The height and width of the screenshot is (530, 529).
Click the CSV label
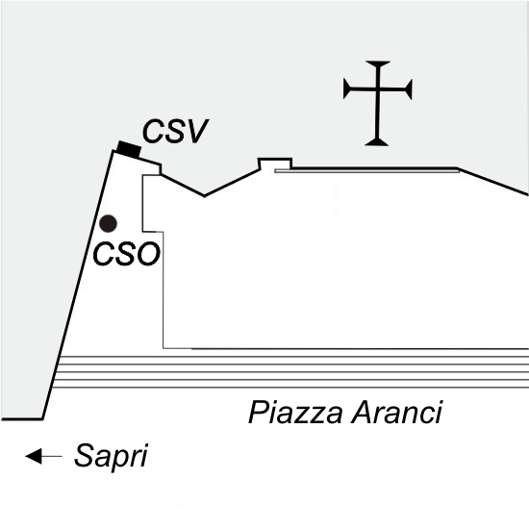(175, 131)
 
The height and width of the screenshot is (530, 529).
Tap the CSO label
(126, 254)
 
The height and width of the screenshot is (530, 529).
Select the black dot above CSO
(108, 224)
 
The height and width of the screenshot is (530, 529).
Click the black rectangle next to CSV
(129, 149)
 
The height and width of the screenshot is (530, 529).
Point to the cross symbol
(378, 104)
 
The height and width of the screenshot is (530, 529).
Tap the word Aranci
(397, 413)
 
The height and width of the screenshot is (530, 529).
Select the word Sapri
(111, 457)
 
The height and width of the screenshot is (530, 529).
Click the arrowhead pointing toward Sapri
(34, 456)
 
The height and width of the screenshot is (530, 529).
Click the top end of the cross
(378, 62)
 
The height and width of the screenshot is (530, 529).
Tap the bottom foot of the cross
(377, 143)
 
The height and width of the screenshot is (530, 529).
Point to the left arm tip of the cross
(344, 88)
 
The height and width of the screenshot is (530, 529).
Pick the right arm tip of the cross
(411, 89)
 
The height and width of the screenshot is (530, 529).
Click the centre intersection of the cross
(378, 89)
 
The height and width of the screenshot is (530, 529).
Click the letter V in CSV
(197, 131)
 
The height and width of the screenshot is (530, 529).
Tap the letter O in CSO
(148, 254)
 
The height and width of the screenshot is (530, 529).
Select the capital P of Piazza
(259, 413)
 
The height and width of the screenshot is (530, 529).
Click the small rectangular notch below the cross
(275, 163)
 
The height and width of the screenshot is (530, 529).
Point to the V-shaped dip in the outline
(204, 195)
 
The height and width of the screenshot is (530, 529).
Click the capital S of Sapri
(83, 455)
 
